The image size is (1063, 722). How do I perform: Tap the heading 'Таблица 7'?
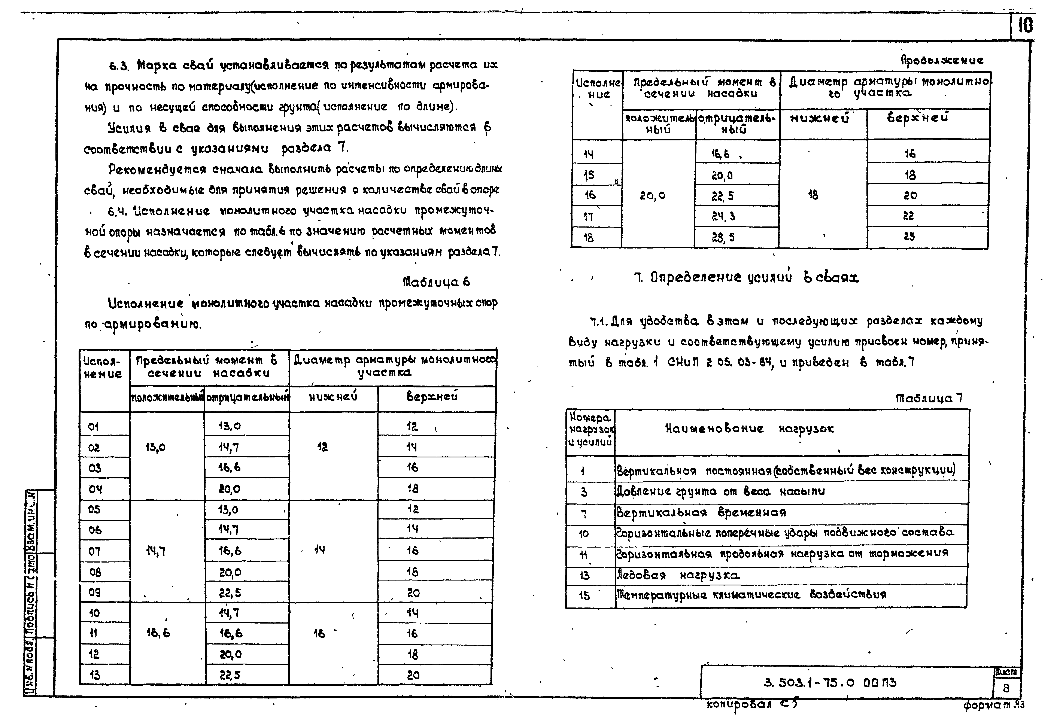[x=929, y=398]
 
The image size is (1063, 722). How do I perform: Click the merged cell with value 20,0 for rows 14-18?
[x=653, y=196]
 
